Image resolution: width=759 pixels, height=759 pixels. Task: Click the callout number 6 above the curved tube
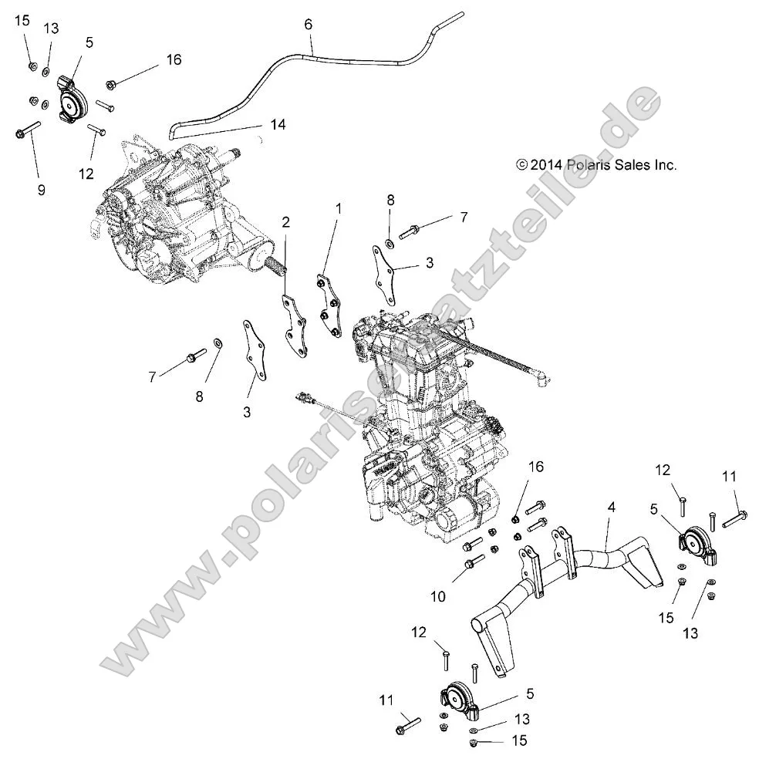tap(309, 25)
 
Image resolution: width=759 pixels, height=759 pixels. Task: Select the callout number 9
tap(41, 190)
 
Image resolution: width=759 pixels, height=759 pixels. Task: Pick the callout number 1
tap(338, 208)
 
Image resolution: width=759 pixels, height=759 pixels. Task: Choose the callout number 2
tap(285, 223)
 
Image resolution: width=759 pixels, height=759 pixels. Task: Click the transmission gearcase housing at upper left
tap(177, 208)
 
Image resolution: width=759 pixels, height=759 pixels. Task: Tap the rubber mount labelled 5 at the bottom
tap(456, 700)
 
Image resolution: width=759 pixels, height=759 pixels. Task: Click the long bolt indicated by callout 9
tap(28, 130)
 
